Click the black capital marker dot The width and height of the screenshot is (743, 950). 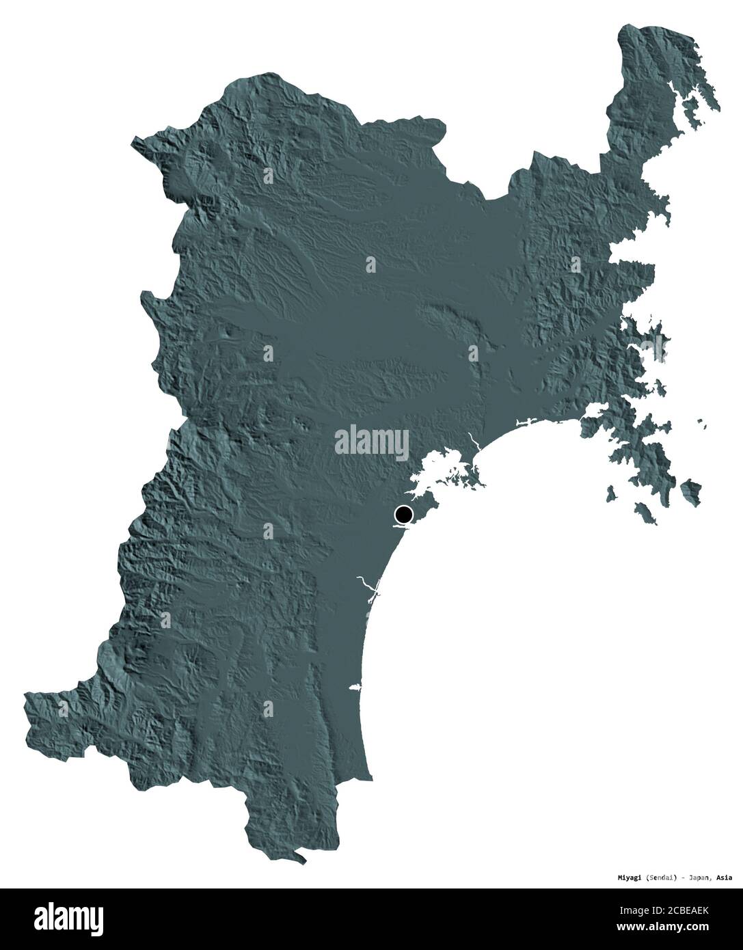404,514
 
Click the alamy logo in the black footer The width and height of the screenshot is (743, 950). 55,919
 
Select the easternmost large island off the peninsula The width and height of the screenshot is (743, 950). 691,488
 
